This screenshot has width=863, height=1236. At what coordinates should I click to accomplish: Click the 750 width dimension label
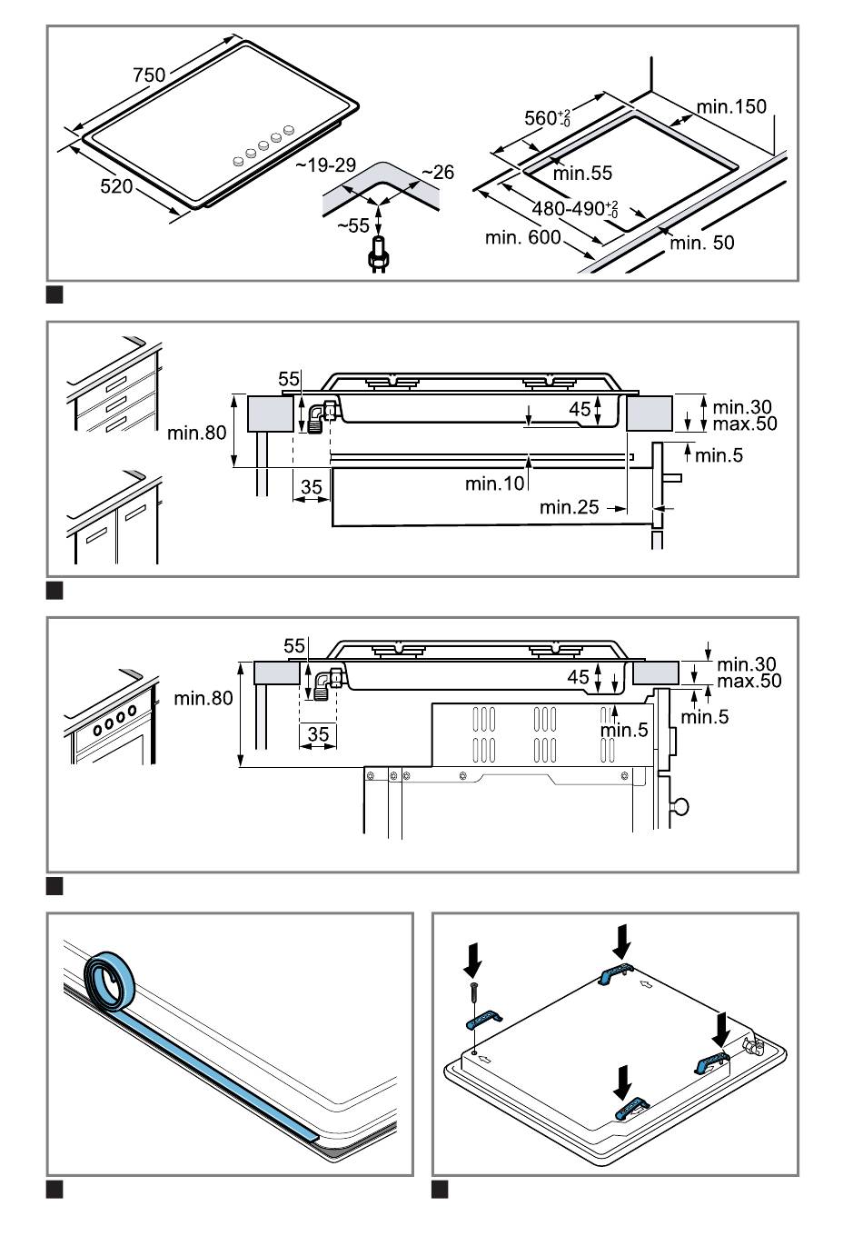[x=150, y=75]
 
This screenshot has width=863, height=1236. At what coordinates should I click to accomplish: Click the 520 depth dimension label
[x=116, y=186]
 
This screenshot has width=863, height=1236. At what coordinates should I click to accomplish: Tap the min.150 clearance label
[x=731, y=107]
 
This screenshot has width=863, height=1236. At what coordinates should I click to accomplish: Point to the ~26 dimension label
[x=437, y=173]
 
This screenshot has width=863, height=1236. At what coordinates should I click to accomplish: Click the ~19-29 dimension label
[x=325, y=165]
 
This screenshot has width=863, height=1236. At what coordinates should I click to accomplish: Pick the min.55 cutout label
[x=582, y=173]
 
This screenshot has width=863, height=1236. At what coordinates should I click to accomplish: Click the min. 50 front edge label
[x=702, y=243]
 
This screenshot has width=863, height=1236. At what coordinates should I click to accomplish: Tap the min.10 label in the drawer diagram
[x=495, y=483]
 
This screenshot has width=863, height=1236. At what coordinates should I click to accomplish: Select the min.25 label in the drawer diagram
[x=570, y=507]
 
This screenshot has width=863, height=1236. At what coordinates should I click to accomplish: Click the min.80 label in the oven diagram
[x=203, y=698]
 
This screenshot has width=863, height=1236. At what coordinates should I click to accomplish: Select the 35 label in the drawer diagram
[x=312, y=488]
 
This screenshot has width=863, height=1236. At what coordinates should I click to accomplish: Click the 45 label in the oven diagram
[x=579, y=677]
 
